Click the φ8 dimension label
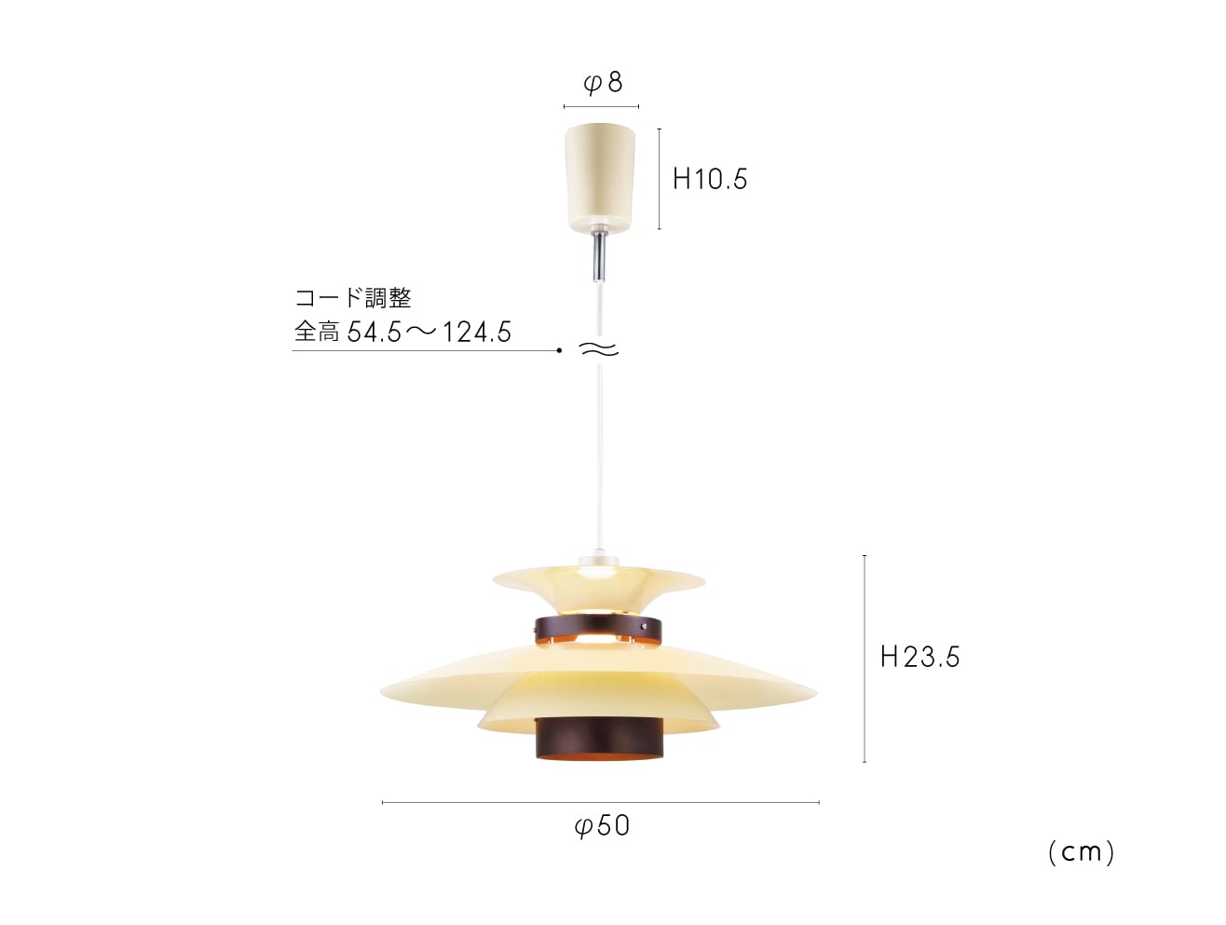tap(603, 83)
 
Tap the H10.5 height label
tap(710, 179)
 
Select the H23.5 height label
tap(919, 657)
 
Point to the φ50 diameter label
tap(602, 825)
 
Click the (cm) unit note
tap(1081, 852)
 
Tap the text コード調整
tap(353, 298)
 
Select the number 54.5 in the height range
tap(375, 333)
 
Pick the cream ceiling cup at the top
tap(600, 178)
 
